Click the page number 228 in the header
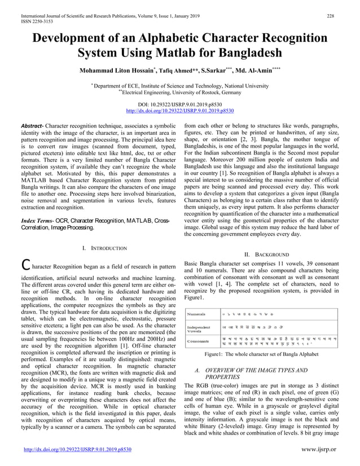(x=331, y=7)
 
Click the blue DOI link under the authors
(x=179, y=112)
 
